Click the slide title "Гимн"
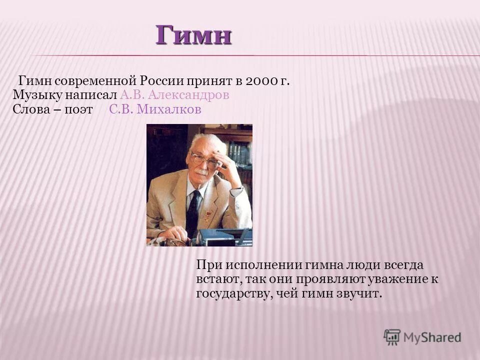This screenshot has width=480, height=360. click(193, 35)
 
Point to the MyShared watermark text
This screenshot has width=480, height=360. click(432, 337)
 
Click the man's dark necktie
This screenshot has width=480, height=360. click(193, 210)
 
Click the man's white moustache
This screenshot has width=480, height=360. click(200, 171)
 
